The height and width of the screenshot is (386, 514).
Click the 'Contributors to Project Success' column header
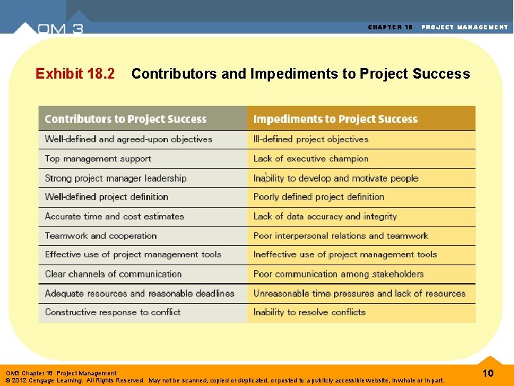(x=126, y=119)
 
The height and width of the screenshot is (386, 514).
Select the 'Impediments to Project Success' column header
(x=336, y=119)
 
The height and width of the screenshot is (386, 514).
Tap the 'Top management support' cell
(x=99, y=159)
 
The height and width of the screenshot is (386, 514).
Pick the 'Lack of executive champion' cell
(x=311, y=159)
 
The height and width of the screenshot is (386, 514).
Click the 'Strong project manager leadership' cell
(x=116, y=178)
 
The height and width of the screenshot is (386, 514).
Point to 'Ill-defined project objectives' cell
(x=311, y=139)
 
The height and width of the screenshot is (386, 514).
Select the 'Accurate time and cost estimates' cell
(x=114, y=216)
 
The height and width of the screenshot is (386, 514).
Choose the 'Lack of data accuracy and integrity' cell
(x=325, y=216)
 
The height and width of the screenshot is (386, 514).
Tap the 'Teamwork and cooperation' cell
(x=101, y=235)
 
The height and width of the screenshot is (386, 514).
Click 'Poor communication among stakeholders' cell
(x=338, y=274)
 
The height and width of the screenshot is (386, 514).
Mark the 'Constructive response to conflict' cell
(x=113, y=312)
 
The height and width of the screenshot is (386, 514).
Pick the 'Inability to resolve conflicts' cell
(x=309, y=312)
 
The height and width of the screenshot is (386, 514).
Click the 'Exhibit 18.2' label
(x=75, y=74)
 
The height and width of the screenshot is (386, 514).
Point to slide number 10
(x=488, y=374)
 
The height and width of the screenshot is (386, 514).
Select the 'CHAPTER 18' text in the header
(x=390, y=27)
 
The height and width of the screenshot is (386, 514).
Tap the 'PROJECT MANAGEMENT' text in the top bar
(x=465, y=27)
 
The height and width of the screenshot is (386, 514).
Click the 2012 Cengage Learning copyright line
(x=225, y=380)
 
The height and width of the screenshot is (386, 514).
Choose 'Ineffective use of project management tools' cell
(x=345, y=254)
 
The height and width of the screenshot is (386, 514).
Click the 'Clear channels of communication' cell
(x=114, y=274)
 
